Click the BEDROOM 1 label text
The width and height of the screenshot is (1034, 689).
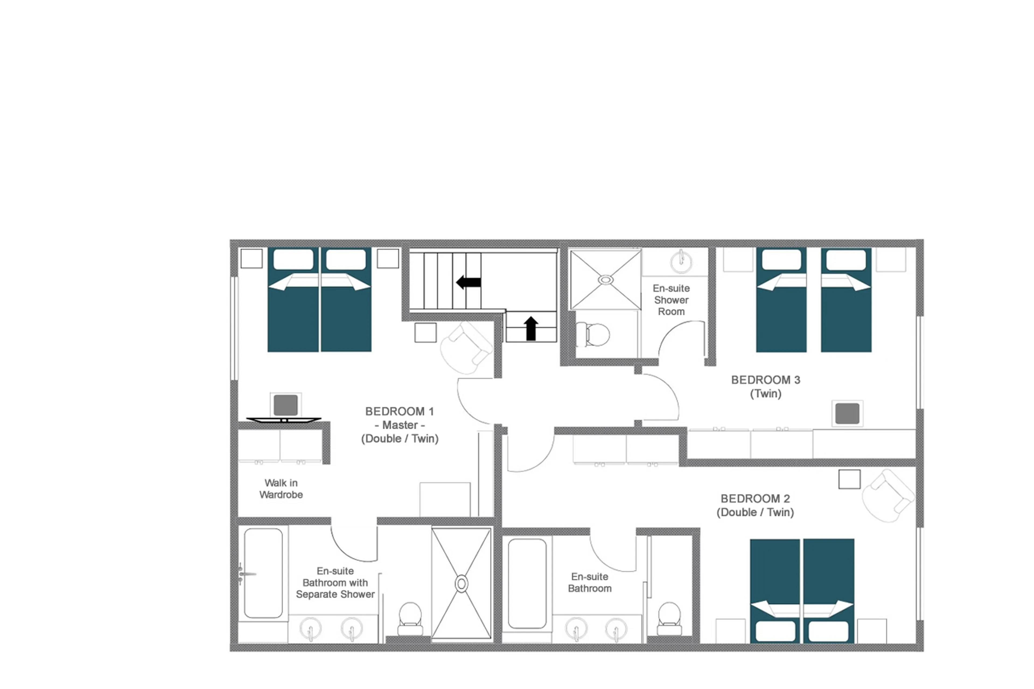[399, 412]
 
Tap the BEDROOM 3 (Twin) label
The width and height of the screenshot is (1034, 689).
[765, 386]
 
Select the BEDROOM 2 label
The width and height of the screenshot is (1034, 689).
[755, 499]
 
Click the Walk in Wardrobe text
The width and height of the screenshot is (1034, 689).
[281, 489]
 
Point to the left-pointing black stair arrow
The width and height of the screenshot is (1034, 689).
[468, 282]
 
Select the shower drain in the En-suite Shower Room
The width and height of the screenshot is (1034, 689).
[606, 279]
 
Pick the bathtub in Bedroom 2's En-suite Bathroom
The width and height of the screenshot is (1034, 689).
[527, 583]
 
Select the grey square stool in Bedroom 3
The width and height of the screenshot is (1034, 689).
[847, 414]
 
